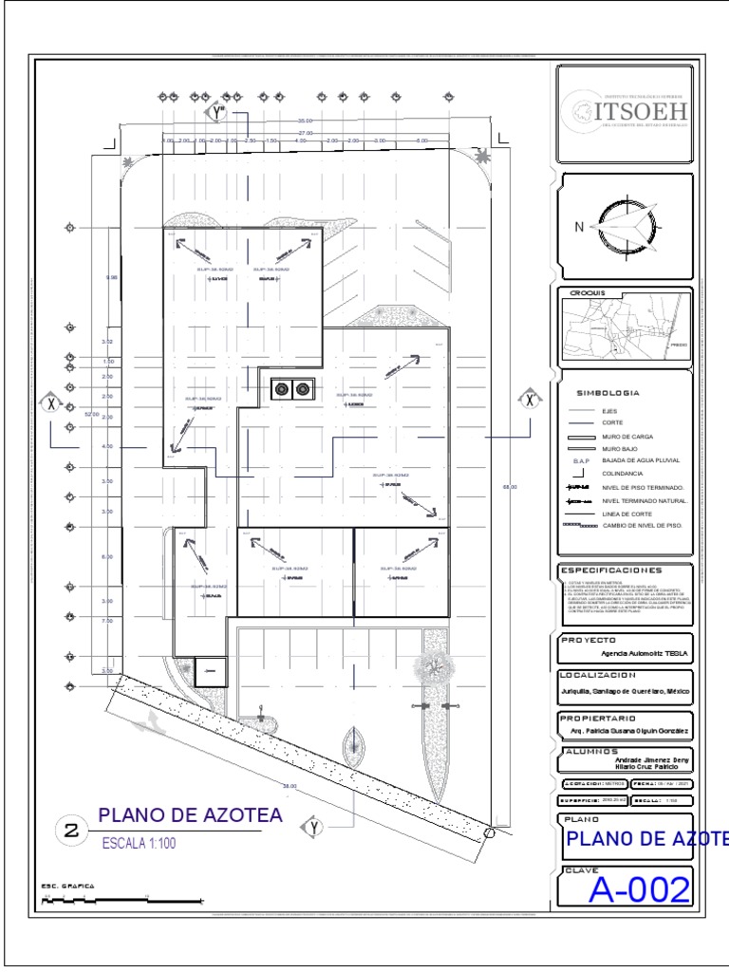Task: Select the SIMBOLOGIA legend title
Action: [x=607, y=392]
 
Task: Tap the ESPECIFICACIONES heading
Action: [x=610, y=570]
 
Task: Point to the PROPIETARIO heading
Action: [x=598, y=718]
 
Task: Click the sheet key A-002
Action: [x=638, y=889]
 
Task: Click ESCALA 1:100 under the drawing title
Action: [x=139, y=842]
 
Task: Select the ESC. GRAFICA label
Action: [x=67, y=886]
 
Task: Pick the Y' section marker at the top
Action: [x=216, y=113]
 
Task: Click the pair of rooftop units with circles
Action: [x=291, y=388]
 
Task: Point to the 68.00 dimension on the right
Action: [x=510, y=486]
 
